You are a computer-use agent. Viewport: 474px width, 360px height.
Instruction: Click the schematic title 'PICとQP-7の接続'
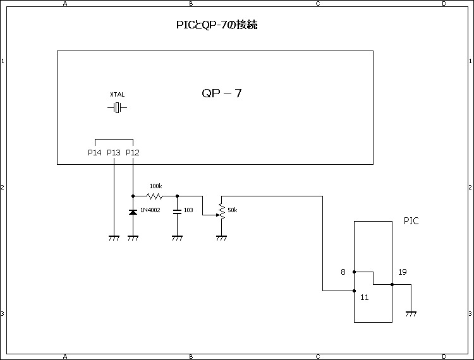tap(217, 25)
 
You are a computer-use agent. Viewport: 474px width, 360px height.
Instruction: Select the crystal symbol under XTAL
tap(117, 108)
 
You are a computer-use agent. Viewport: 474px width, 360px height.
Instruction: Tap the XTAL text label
tap(117, 95)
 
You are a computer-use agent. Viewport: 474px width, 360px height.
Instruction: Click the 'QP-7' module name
tap(222, 93)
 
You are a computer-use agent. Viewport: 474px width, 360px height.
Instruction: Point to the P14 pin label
tap(95, 152)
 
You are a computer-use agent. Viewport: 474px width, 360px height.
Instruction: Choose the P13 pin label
tap(114, 152)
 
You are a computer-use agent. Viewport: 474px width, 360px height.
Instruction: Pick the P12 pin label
tap(133, 152)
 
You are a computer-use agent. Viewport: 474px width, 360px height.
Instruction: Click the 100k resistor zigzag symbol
tap(155, 196)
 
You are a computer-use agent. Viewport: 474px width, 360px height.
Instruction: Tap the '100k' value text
tap(155, 186)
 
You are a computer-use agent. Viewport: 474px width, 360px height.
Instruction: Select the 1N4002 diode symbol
tap(133, 212)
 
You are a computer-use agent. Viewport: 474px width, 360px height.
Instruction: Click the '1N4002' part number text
tap(151, 209)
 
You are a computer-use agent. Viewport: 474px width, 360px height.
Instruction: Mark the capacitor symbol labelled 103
tap(177, 210)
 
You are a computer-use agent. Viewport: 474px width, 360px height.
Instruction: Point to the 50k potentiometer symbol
tap(221, 210)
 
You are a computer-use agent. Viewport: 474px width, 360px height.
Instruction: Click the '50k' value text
tap(232, 210)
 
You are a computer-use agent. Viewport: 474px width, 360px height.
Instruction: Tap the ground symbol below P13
tap(114, 238)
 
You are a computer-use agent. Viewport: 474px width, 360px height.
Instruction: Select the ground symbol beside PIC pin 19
tap(411, 313)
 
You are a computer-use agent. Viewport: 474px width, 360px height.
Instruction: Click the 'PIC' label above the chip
tap(411, 221)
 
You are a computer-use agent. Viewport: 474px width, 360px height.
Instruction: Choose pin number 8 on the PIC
tap(343, 272)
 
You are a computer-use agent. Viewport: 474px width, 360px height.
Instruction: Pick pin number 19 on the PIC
tap(403, 272)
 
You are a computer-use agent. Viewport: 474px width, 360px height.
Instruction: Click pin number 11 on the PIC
tap(364, 296)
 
